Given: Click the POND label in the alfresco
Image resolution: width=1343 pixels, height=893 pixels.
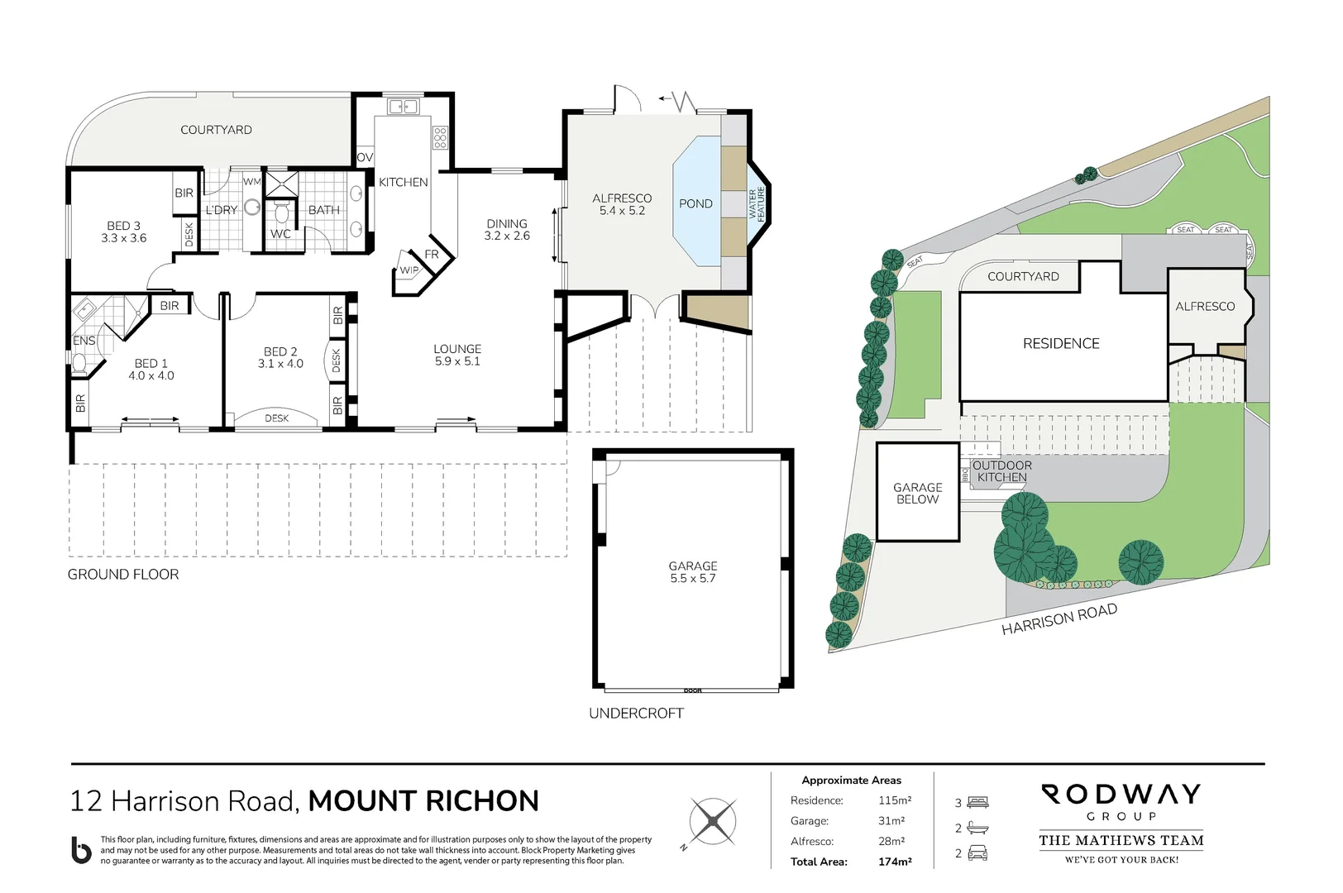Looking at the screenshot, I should click(695, 204).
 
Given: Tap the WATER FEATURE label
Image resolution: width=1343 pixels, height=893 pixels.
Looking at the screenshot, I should click(758, 203).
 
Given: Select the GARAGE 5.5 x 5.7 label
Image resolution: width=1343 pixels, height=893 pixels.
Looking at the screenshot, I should click(692, 572).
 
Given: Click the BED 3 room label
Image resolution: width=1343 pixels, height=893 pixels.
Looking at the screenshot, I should click(124, 232).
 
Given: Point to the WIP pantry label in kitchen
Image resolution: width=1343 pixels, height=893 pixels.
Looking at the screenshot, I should click(409, 270).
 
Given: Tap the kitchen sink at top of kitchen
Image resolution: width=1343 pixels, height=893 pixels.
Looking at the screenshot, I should click(403, 107).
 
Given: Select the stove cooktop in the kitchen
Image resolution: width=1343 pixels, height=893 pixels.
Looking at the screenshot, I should click(440, 137).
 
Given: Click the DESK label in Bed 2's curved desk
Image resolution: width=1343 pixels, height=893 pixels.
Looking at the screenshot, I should click(276, 418).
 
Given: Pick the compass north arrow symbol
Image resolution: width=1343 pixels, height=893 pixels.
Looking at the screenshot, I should click(711, 821).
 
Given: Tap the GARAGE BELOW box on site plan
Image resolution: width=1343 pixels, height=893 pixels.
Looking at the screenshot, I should click(917, 493).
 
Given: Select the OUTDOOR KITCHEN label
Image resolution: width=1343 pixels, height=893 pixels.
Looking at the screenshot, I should click(1001, 471).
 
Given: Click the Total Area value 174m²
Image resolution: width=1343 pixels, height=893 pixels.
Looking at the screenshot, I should click(895, 862).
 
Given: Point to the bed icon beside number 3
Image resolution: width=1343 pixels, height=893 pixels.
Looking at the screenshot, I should click(977, 802).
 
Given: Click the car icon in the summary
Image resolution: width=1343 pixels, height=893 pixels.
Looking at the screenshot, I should click(977, 853).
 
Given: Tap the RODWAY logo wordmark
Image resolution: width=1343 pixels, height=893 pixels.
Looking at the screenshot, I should click(1121, 795).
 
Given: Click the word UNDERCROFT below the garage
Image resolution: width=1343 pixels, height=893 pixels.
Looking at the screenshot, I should click(636, 713).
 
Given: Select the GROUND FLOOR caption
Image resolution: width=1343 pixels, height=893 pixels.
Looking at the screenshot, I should click(123, 574).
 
